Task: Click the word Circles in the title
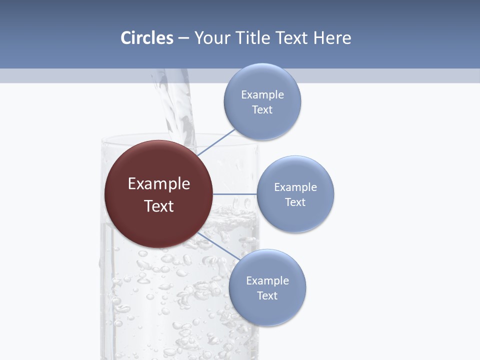pos(146,38)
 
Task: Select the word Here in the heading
pos(332,38)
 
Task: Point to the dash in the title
pos(183,38)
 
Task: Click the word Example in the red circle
pos(159,184)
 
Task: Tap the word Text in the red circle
pos(159,206)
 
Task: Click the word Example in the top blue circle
pos(262,95)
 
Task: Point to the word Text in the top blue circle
pos(262,110)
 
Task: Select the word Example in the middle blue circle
pos(295,187)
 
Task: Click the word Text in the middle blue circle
pos(295,202)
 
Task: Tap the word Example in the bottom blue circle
pos(267,281)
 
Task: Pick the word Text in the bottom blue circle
pos(267,296)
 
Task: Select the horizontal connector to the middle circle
pos(234,194)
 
